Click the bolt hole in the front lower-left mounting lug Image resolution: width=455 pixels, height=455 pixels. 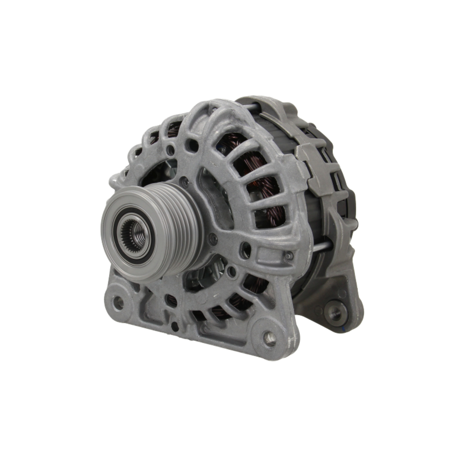pyautogui.click(x=118, y=302)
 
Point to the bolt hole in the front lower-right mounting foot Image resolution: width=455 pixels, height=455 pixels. pyautogui.click(x=270, y=338)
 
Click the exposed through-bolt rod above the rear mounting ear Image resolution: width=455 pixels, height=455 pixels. pyautogui.click(x=321, y=247)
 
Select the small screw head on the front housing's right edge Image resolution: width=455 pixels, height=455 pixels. pyautogui.click(x=288, y=256)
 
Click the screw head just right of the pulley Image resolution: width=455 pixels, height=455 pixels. pyautogui.click(x=213, y=238)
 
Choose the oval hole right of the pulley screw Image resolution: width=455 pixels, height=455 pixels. pyautogui.click(x=245, y=249)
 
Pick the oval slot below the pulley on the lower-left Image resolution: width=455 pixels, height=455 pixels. pyautogui.click(x=171, y=300)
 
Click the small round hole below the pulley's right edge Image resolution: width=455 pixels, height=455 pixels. pyautogui.click(x=232, y=272)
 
